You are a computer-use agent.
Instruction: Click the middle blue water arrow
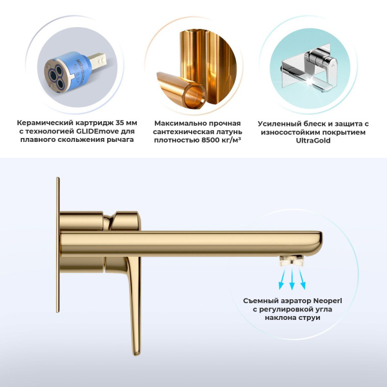tap(292, 278)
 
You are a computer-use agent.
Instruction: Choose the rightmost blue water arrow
tap(303, 277)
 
